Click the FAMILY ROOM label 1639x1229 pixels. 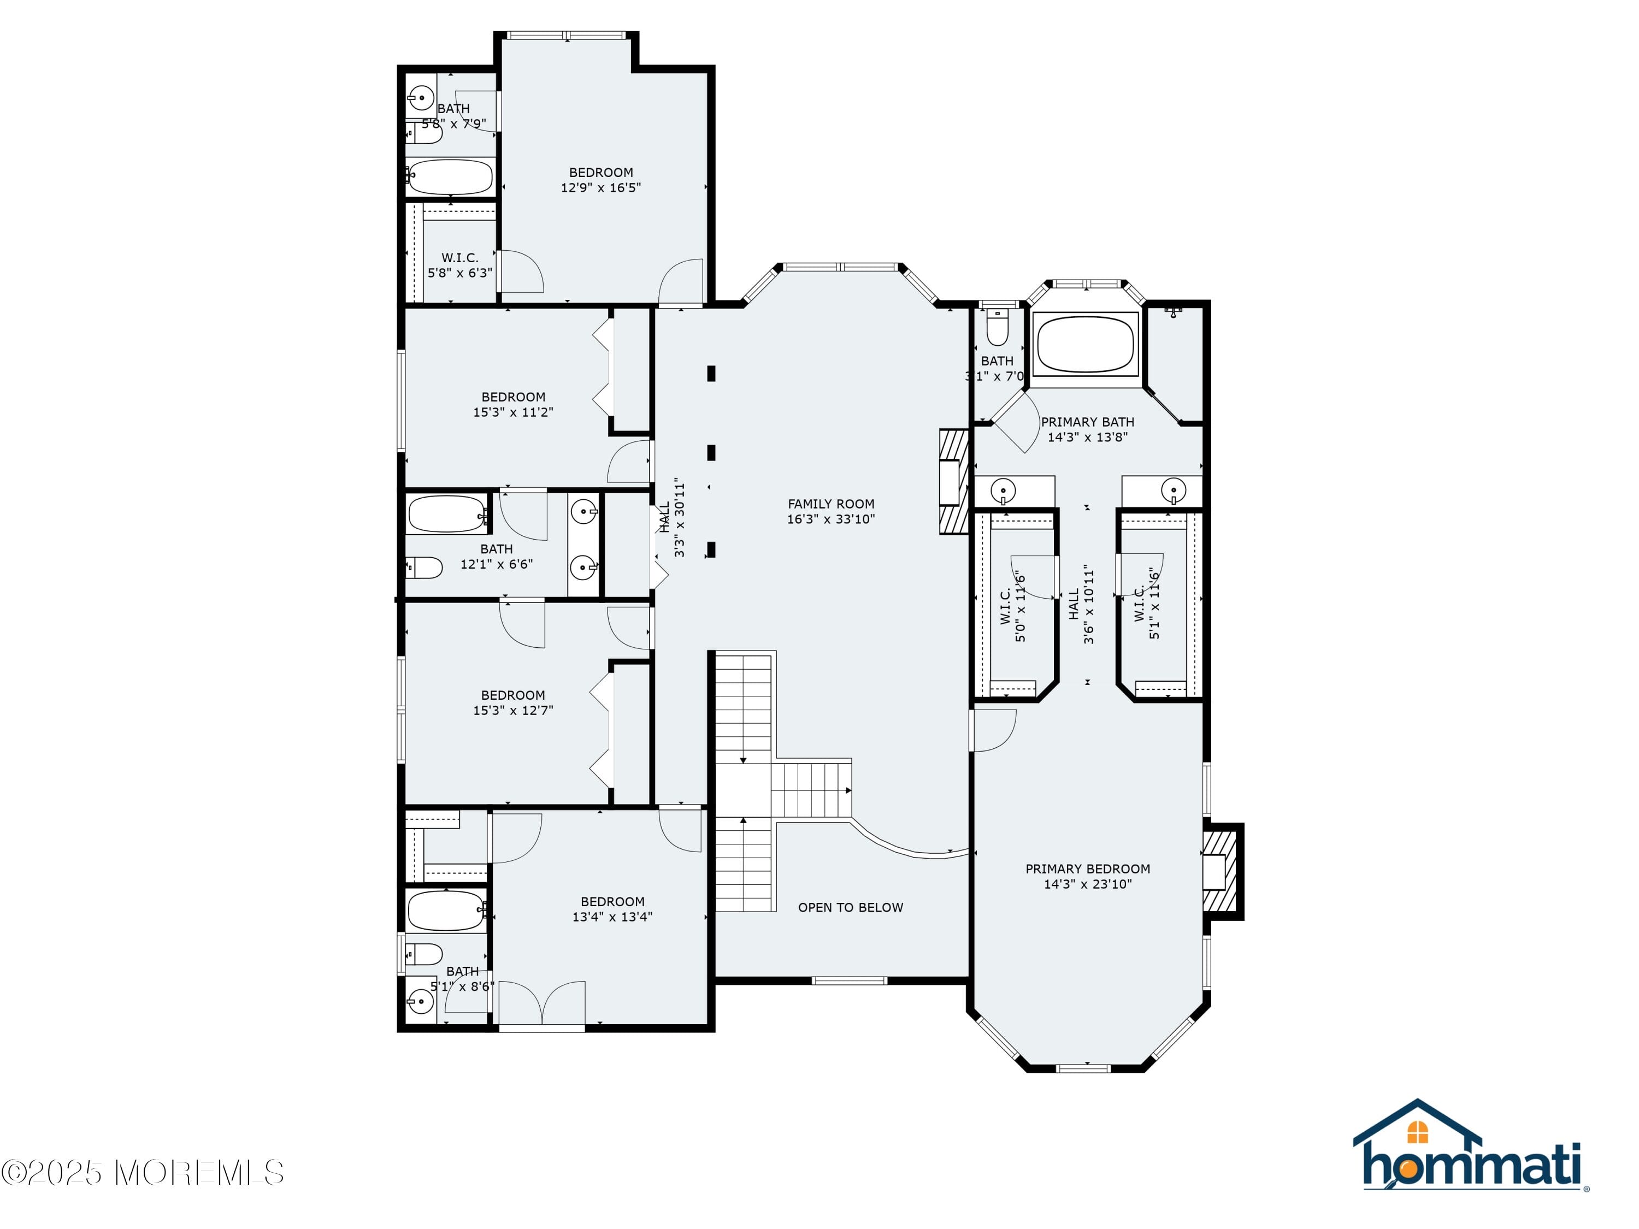pos(830,504)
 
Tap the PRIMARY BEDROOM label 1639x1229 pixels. pos(1088,869)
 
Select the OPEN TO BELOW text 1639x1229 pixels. pos(851,907)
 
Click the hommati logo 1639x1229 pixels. pos(1471,1145)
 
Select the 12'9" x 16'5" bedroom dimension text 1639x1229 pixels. pos(601,188)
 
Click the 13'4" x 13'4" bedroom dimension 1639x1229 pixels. pos(612,917)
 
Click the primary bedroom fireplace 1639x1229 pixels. pos(1221,871)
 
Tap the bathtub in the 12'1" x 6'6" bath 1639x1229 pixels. pos(447,514)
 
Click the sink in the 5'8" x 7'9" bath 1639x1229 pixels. pos(421,98)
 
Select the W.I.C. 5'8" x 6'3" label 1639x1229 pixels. pos(460,265)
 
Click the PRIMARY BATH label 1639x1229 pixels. pos(1088,422)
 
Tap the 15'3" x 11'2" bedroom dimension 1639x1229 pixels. pos(514,412)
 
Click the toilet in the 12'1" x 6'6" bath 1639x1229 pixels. pos(424,568)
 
